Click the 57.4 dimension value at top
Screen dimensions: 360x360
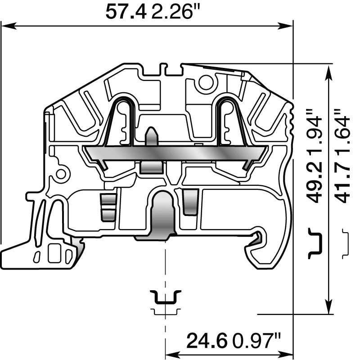[126, 12]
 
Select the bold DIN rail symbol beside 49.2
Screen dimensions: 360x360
[316, 243]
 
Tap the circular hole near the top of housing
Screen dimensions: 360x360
[207, 82]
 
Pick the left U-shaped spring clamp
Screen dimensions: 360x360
[122, 119]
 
